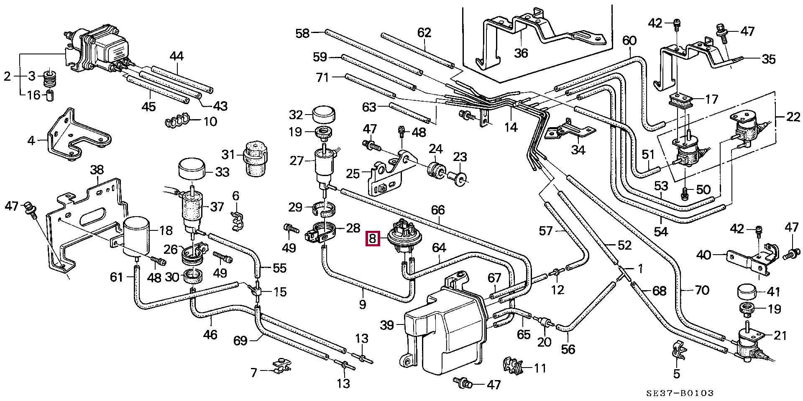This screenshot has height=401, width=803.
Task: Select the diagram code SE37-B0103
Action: pyautogui.click(x=679, y=393)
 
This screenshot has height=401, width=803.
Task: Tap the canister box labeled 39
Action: pyautogui.click(x=443, y=330)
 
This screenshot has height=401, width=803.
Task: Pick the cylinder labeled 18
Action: pyautogui.click(x=136, y=235)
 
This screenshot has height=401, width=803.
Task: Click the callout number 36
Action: pyautogui.click(x=521, y=53)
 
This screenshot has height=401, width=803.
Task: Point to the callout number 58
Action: pyautogui.click(x=302, y=33)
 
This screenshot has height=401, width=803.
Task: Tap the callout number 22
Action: pyautogui.click(x=793, y=117)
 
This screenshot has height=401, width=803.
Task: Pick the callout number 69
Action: pyautogui.click(x=240, y=341)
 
